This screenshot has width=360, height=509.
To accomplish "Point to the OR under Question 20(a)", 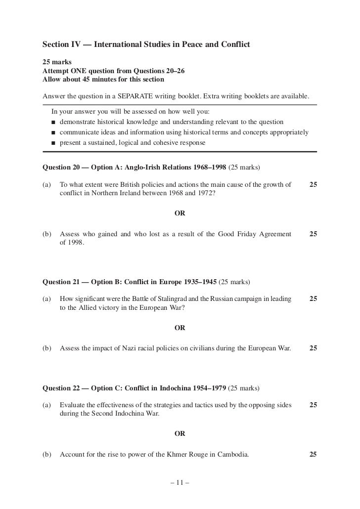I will (180, 213).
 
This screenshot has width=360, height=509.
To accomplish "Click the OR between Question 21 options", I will (180, 327).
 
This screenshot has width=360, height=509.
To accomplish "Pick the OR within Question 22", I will (180, 433).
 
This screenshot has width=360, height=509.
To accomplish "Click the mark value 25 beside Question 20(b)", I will (313, 234).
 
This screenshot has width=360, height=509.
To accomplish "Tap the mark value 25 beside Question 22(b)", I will (313, 455).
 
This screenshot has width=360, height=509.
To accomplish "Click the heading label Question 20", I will (59, 168).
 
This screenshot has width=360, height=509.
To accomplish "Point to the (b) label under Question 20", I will (47, 234).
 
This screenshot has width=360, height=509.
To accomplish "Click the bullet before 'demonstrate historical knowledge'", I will (52, 122).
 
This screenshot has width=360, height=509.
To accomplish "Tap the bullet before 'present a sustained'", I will (52, 143).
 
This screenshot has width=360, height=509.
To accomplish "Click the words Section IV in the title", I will (64, 45).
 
